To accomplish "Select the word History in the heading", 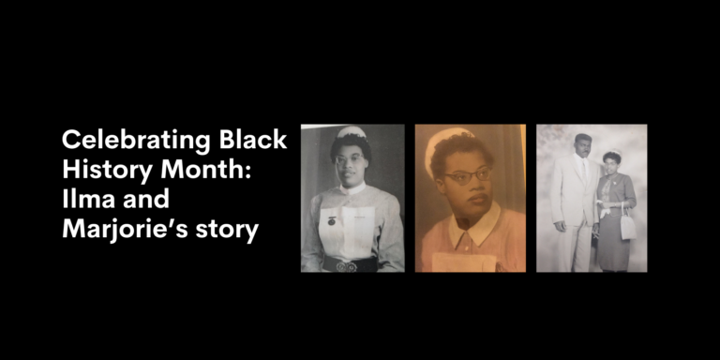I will pos(102,171).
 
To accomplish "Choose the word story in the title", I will pos(225,230).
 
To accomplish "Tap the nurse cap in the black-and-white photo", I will pos(351,132).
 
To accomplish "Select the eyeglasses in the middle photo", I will pos(466,175).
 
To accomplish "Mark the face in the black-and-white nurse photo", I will pos(352,160).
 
